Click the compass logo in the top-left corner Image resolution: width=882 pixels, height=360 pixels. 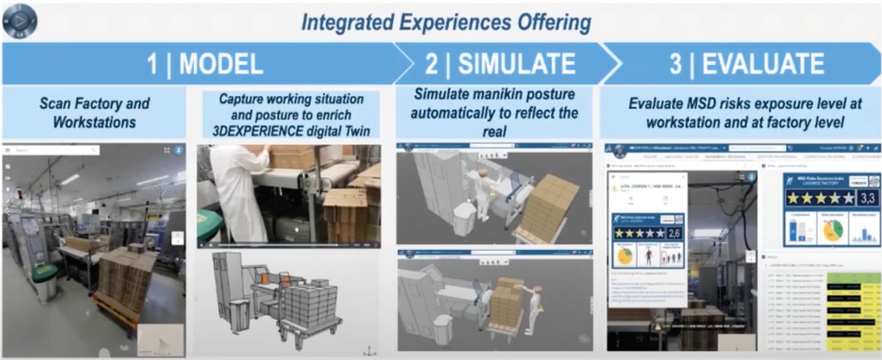20,20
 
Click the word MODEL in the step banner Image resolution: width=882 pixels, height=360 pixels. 222,64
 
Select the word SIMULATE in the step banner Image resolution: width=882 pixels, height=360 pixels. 516,64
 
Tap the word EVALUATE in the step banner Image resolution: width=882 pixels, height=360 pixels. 763,64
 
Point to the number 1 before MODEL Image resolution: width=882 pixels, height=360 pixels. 152,64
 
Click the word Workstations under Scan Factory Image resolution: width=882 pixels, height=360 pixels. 94,122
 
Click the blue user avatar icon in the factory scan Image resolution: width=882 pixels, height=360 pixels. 178,151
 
